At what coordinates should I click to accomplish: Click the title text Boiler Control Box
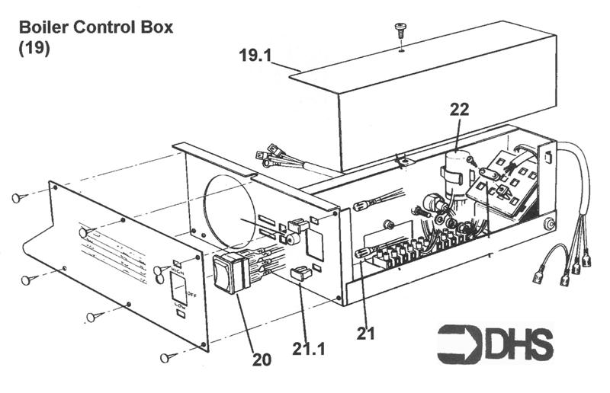[x=96, y=28]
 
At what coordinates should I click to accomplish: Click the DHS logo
[x=496, y=343]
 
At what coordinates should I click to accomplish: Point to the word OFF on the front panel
[x=191, y=292]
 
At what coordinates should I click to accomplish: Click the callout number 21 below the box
[x=367, y=333]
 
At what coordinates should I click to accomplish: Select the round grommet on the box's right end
[x=548, y=225]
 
